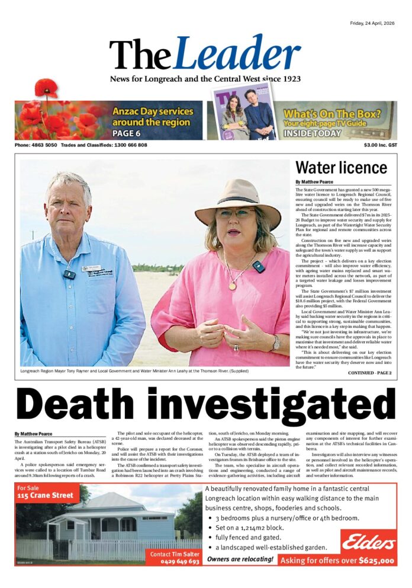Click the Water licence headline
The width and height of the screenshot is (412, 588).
pos(341,168)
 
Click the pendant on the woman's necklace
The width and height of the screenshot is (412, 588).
pos(233,286)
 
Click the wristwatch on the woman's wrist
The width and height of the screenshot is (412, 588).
pos(276,343)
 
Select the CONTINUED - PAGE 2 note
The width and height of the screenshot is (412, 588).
pos(369,373)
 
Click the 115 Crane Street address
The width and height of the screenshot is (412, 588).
pos(46,496)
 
